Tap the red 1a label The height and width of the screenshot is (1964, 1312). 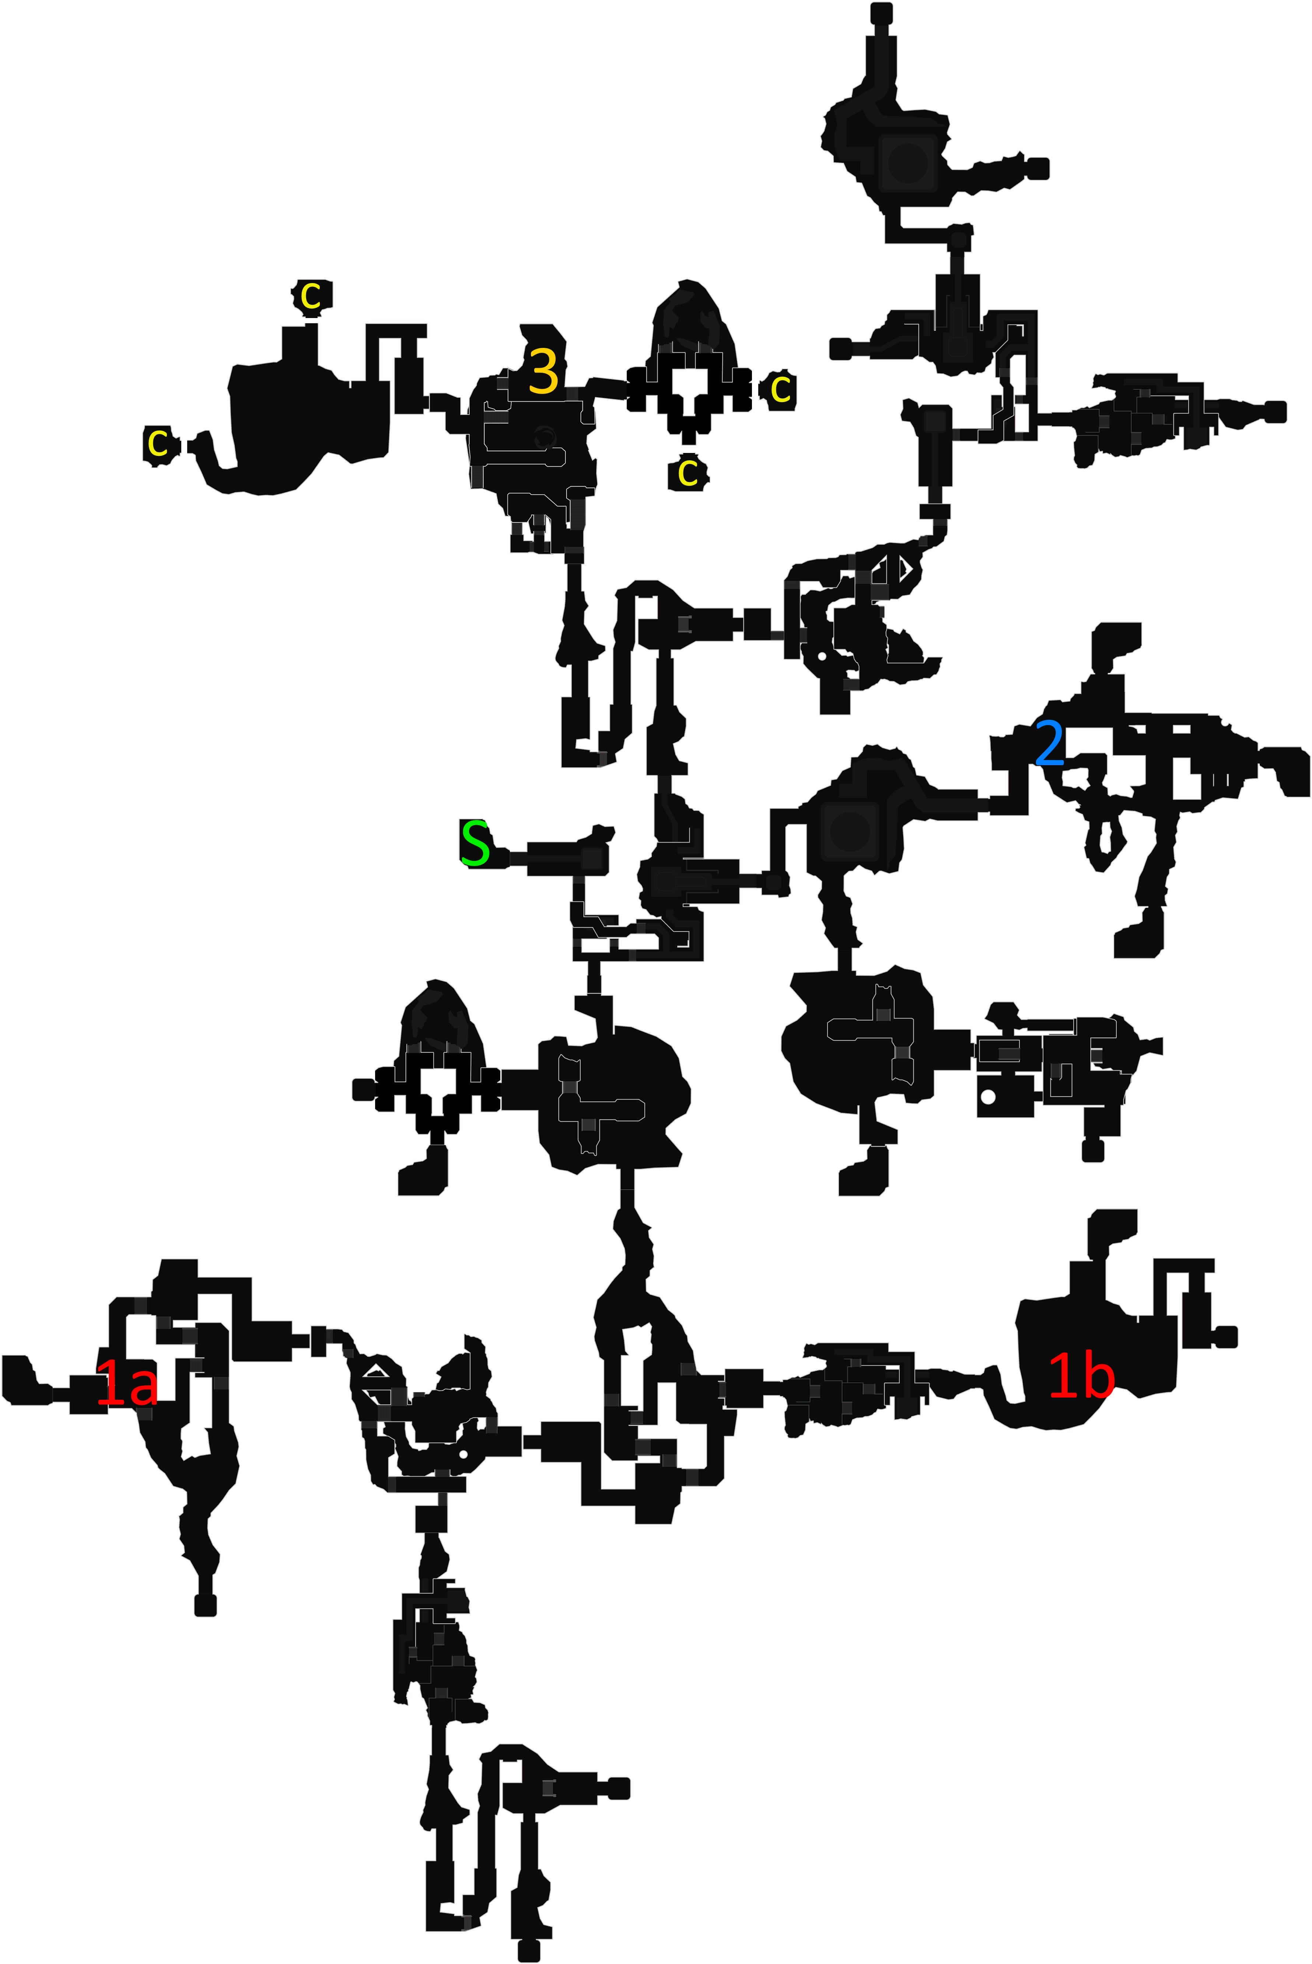click(127, 1382)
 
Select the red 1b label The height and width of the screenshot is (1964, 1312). click(1081, 1377)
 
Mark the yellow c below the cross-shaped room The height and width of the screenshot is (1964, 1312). click(688, 473)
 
